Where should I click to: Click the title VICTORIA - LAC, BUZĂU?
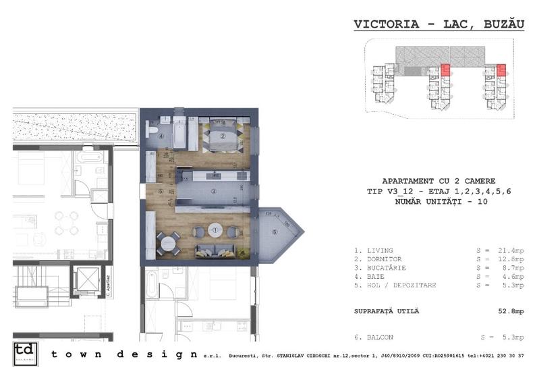pyautogui.click(x=439, y=24)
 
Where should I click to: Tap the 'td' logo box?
pyautogui.click(x=24, y=354)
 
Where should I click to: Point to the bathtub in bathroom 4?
pyautogui.click(x=179, y=134)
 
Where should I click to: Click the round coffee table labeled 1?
pyautogui.click(x=215, y=230)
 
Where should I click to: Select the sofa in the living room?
pyautogui.click(x=215, y=252)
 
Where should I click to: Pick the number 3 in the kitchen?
pyautogui.click(x=213, y=192)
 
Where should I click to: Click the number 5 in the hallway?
pyautogui.click(x=161, y=191)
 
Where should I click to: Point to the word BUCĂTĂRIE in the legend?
pyautogui.click(x=384, y=268)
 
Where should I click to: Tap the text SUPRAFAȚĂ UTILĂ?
pyautogui.click(x=387, y=311)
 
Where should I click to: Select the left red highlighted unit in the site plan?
pyautogui.click(x=445, y=70)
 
